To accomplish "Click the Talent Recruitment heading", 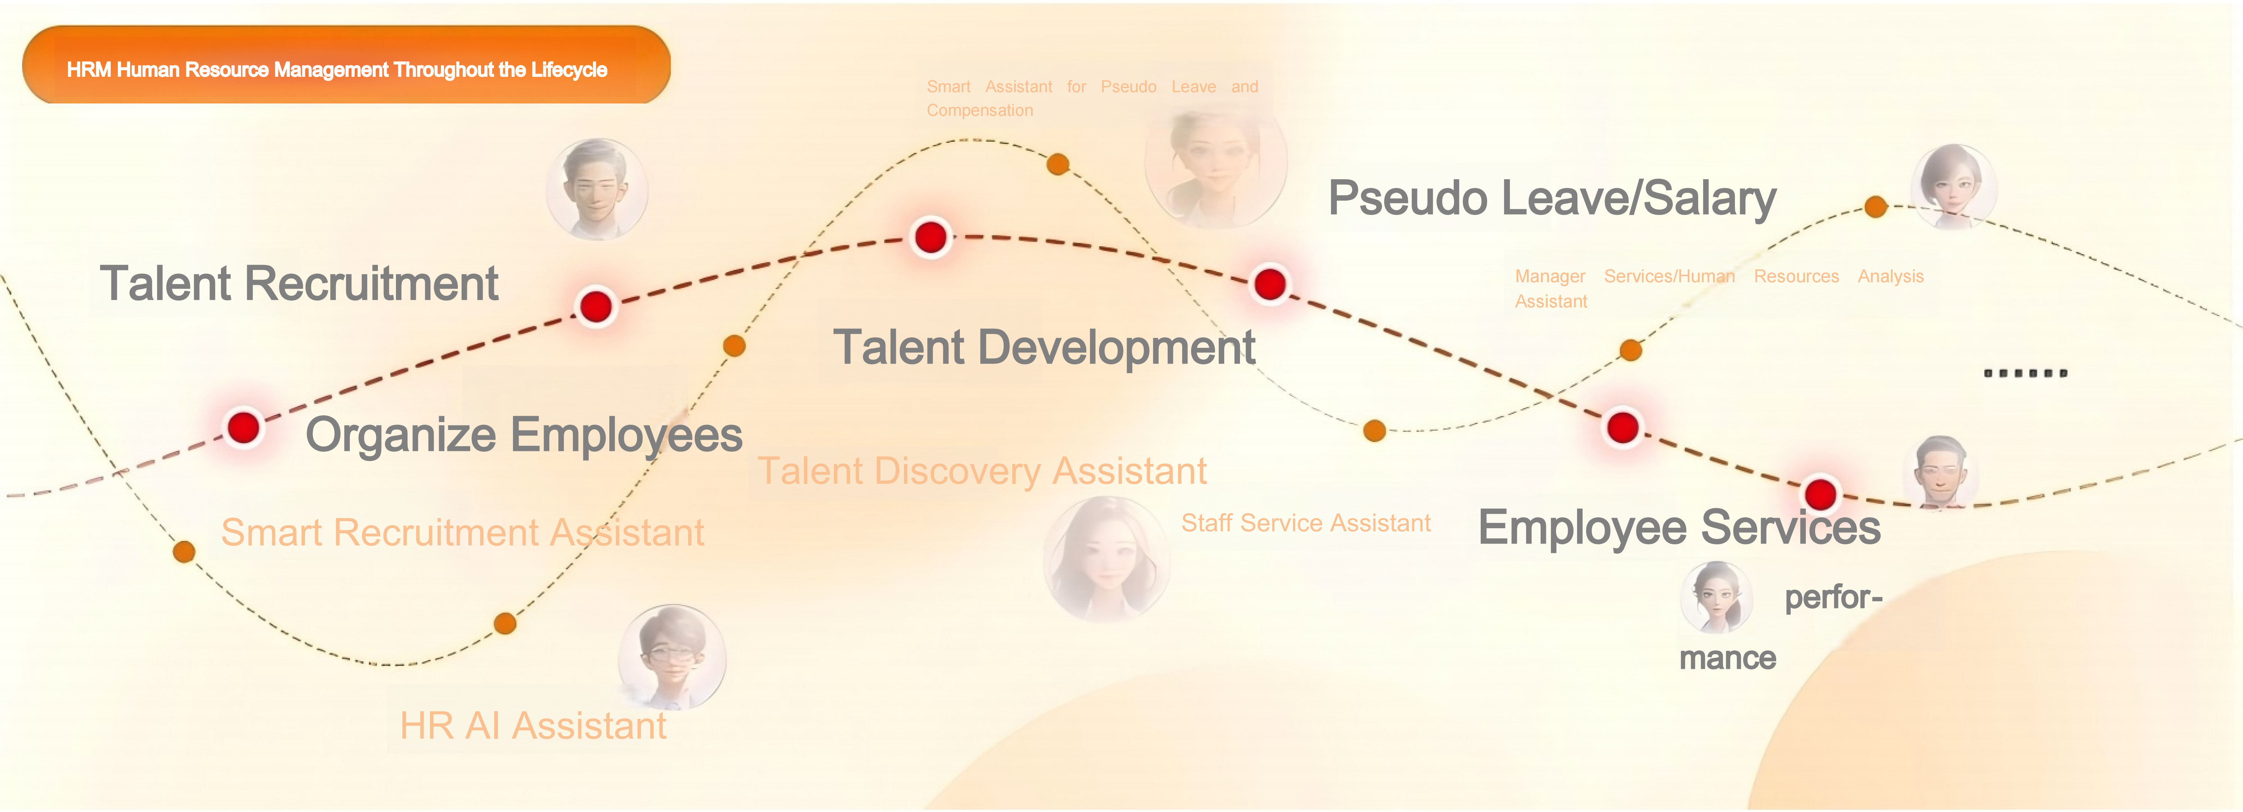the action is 299,284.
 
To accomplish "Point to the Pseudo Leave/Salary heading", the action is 1552,198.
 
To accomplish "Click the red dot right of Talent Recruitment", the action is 595,306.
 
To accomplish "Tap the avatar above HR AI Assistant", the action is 671,657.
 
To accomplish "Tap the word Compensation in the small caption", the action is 979,111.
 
